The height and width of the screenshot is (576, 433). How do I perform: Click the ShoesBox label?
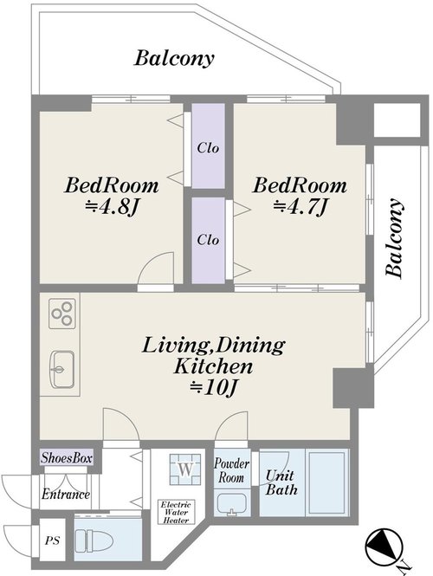point(67,458)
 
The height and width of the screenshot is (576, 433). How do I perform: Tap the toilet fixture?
point(94,540)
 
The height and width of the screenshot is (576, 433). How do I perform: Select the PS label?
point(52,540)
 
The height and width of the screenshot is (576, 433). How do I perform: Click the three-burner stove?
point(62,314)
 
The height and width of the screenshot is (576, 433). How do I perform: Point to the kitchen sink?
point(62,369)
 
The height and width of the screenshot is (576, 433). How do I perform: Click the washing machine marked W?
point(185,469)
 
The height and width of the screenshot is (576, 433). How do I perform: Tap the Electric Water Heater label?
point(176,512)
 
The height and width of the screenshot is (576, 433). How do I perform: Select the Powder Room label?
point(231,470)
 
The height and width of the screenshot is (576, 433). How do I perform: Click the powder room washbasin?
point(231,505)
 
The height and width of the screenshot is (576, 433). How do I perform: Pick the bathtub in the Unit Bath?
point(326,482)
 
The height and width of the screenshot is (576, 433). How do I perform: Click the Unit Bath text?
point(281,482)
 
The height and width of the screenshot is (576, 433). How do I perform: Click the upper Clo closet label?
point(208,147)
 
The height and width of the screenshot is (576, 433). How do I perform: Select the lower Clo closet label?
point(208,240)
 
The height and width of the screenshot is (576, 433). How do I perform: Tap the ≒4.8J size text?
point(111,208)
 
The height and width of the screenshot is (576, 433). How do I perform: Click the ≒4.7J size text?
point(300,208)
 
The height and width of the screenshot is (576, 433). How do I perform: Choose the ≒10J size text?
point(212,387)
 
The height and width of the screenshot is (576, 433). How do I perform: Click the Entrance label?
point(66,494)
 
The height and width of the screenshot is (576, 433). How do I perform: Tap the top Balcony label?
point(174,59)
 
